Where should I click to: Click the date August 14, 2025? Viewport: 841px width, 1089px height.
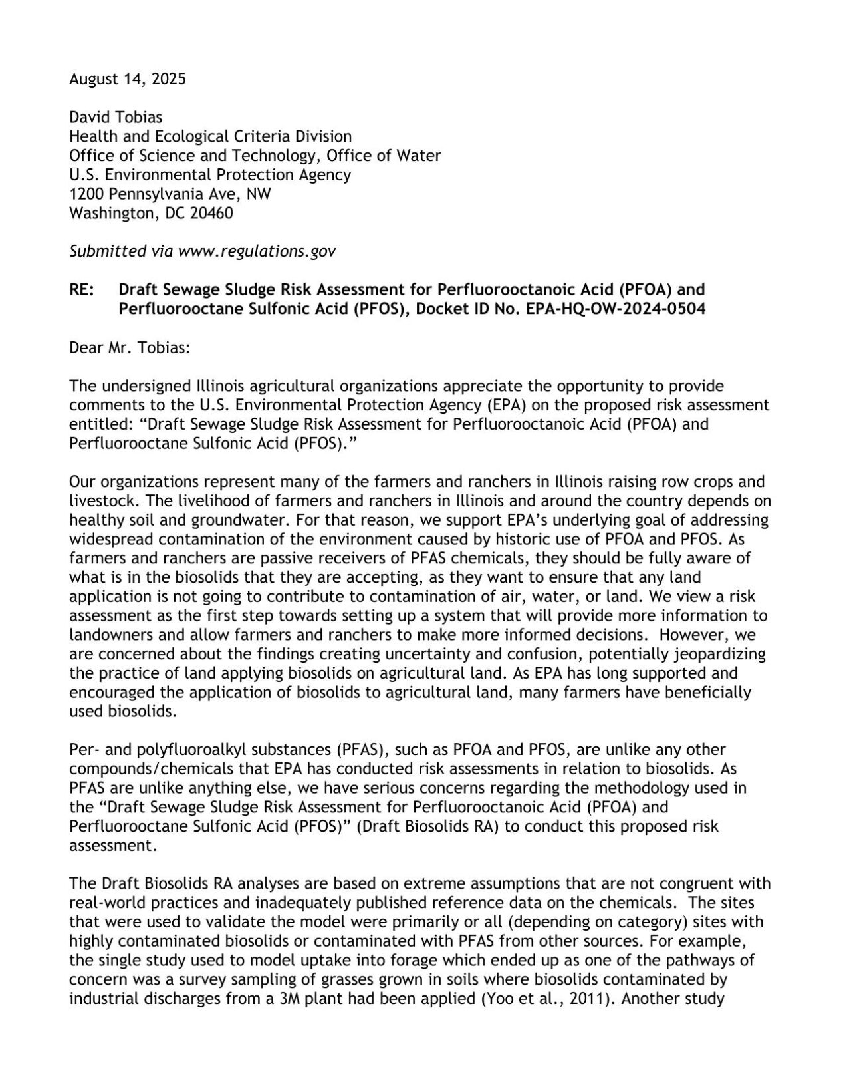[x=128, y=80]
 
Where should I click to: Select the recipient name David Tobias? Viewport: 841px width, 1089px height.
[x=116, y=118]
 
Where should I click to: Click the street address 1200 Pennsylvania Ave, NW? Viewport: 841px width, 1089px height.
[x=170, y=194]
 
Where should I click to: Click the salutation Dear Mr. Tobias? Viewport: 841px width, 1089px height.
[x=130, y=347]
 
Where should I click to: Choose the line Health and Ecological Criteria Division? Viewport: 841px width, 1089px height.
[x=211, y=137]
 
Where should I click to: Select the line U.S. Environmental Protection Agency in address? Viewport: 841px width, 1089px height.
[x=210, y=175]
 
